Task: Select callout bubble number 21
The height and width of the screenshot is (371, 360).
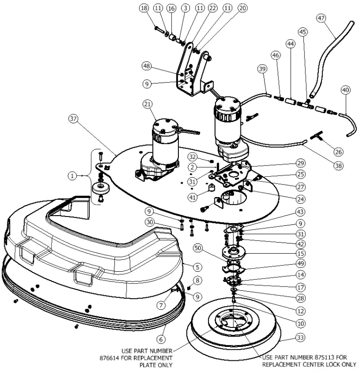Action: click(147, 105)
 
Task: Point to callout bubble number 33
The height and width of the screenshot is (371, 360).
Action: click(300, 338)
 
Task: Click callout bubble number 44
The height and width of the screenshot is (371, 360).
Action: click(291, 44)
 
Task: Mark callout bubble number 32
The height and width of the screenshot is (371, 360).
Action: click(192, 156)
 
